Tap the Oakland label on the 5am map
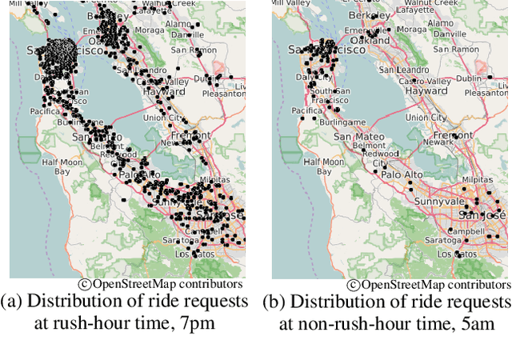[372, 39]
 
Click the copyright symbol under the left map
[84, 284]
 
